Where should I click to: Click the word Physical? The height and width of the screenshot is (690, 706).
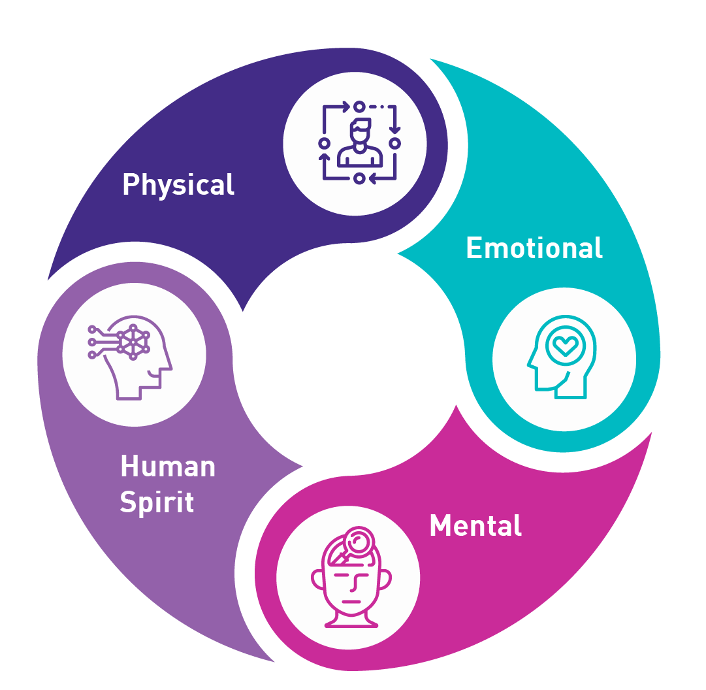(x=178, y=185)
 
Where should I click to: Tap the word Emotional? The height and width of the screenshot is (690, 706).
(x=534, y=248)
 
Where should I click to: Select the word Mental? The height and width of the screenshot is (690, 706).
(x=475, y=526)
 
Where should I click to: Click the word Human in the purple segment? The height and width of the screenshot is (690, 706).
(x=168, y=467)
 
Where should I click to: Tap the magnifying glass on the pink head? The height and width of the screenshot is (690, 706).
(x=358, y=541)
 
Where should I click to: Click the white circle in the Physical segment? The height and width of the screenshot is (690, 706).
(x=355, y=143)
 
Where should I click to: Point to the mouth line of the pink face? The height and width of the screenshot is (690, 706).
(x=351, y=601)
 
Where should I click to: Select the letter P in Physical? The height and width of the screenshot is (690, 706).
(x=130, y=185)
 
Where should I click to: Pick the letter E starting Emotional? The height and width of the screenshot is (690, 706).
(x=473, y=248)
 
